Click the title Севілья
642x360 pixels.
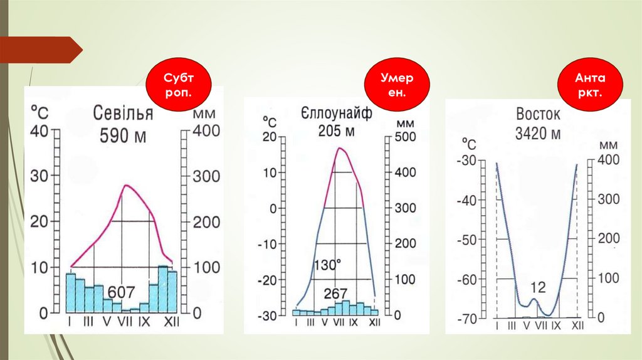tap(123, 115)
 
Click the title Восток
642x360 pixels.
tap(538, 115)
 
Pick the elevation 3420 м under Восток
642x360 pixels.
tap(538, 134)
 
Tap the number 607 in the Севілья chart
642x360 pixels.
tap(121, 292)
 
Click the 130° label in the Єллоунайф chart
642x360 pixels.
tap(327, 266)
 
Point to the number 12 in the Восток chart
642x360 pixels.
tap(538, 288)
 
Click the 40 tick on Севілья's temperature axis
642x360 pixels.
tap(39, 132)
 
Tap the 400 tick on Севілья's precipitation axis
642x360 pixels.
tap(206, 132)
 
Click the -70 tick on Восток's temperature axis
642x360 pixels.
tap(467, 319)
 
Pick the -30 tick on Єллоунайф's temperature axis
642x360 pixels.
tap(269, 315)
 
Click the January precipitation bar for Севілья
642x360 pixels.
tap(70, 292)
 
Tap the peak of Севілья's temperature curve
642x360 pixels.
tap(127, 186)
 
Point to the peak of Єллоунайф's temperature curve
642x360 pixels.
tap(340, 148)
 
